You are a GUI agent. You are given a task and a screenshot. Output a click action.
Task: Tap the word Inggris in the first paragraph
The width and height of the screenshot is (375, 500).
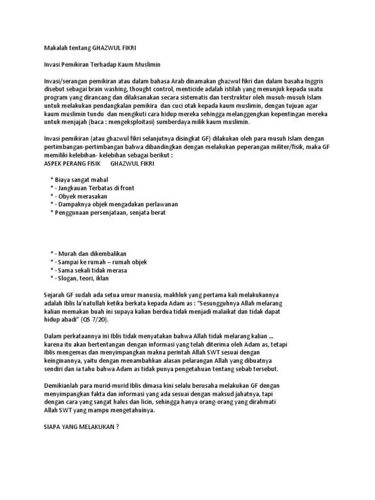tap(319, 82)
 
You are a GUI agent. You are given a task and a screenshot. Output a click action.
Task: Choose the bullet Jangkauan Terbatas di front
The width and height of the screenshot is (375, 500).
tap(96, 188)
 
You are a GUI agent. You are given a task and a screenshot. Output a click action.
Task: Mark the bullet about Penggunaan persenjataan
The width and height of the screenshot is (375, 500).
tap(110, 212)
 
